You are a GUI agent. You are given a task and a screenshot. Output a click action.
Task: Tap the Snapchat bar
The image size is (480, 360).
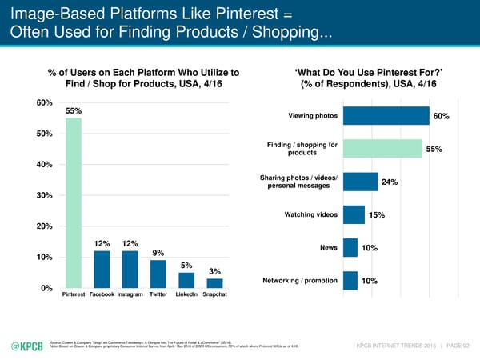214,282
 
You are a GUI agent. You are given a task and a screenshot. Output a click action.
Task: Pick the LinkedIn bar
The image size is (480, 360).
186,279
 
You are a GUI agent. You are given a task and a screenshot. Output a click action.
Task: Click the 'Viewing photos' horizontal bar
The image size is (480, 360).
386,116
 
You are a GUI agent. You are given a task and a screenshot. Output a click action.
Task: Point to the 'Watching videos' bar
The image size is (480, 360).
353,214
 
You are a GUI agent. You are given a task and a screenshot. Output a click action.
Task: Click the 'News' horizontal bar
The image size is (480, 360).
350,247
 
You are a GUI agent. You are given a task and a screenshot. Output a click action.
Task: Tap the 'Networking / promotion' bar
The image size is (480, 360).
350,280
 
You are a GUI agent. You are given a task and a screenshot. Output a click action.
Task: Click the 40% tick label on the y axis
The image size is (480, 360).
43,165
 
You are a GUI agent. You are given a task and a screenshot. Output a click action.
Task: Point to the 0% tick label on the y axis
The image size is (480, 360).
46,288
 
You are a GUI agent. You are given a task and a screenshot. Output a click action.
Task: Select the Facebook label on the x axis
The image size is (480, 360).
102,295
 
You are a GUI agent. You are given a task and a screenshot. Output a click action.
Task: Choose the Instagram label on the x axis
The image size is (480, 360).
130,295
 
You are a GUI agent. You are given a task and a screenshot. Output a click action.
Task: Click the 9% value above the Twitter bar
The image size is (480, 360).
158,254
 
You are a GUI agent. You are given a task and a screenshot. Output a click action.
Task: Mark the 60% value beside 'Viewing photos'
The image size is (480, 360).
441,117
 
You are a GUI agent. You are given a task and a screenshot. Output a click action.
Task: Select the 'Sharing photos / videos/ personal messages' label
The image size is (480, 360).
298,182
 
